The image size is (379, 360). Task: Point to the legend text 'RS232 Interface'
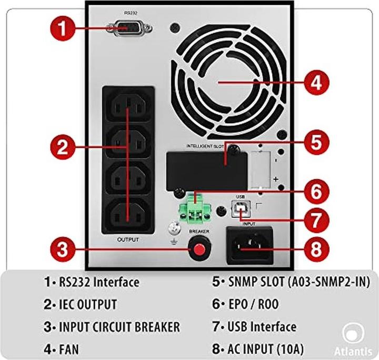pos(98,282)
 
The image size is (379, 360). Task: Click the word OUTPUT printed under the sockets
pos(128,239)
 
